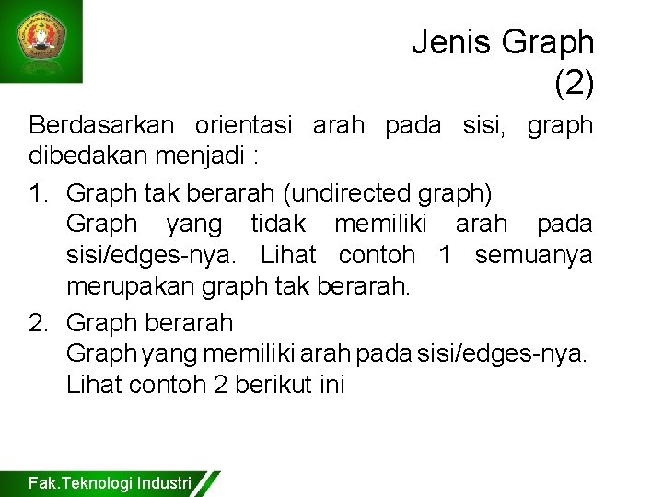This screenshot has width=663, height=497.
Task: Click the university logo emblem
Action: pos(41,40)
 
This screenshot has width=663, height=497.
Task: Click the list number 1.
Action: pos(38,194)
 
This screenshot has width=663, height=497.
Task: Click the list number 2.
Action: pos(38,323)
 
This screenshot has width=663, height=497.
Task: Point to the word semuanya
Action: pos(534,253)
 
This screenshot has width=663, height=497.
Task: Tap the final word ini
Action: pos(331,384)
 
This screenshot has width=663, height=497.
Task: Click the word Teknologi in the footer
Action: pos(95,482)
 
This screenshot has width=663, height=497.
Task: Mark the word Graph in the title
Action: pos(548,41)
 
